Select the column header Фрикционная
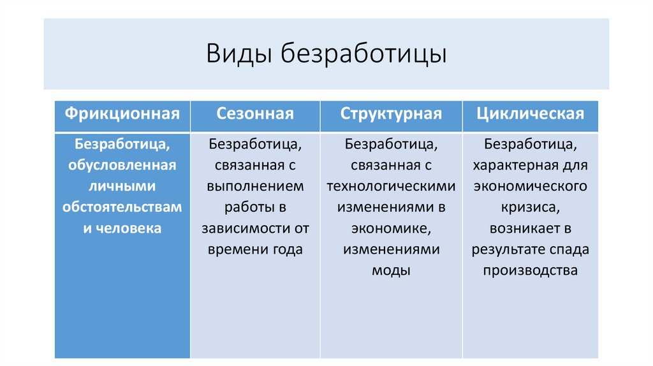point(122,114)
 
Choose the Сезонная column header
point(255,114)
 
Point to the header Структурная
point(391,114)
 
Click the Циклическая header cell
point(531,114)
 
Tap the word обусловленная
point(122,165)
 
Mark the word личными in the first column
point(122,186)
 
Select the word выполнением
point(255,186)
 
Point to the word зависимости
point(240,228)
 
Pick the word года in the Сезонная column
point(286,249)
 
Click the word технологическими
point(391,186)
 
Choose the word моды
point(391,270)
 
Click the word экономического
point(531,186)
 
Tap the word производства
point(531,270)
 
